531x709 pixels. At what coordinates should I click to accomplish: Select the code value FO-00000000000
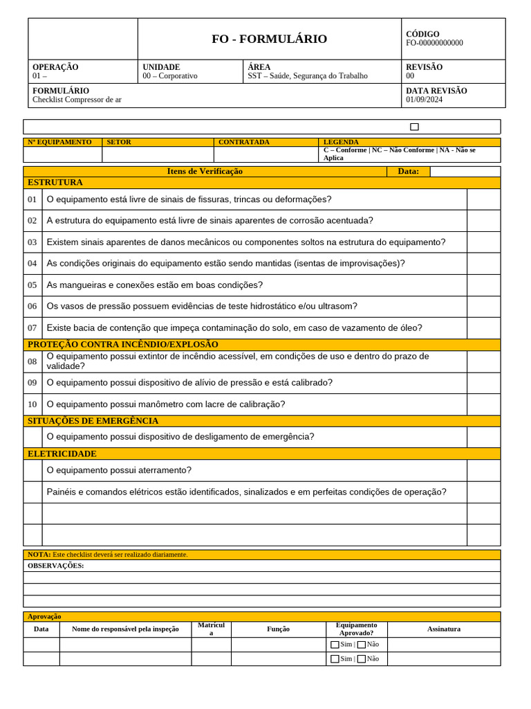pos(434,43)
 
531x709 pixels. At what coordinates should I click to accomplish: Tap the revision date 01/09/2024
pos(424,100)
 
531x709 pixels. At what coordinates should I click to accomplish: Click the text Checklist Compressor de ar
pos(77,100)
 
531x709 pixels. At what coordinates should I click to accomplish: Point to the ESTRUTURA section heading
pos(55,183)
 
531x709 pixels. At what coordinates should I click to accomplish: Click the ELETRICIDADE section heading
pos(62,454)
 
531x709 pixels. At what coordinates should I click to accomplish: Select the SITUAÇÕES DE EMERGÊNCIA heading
pos(93,421)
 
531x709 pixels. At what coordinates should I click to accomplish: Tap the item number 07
pos(32,328)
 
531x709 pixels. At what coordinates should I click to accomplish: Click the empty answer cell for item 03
pos(483,242)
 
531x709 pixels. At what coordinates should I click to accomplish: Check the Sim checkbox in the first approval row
pos(335,645)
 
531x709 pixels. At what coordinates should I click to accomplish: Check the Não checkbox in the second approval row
pos(362,659)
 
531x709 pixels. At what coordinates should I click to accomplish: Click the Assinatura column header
pos(443,629)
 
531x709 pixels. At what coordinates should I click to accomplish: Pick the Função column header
pos(278,629)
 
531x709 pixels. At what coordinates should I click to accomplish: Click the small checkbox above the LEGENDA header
pos(414,127)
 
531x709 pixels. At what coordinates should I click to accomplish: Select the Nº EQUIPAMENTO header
pos(59,142)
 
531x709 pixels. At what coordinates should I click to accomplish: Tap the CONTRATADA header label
pos(243,142)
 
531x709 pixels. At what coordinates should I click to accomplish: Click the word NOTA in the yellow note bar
pos(39,555)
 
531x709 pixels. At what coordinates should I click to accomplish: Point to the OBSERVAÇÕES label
pos(55,566)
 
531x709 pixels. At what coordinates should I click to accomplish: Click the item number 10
pos(32,404)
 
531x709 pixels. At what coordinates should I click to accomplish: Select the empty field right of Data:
pos(465,172)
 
